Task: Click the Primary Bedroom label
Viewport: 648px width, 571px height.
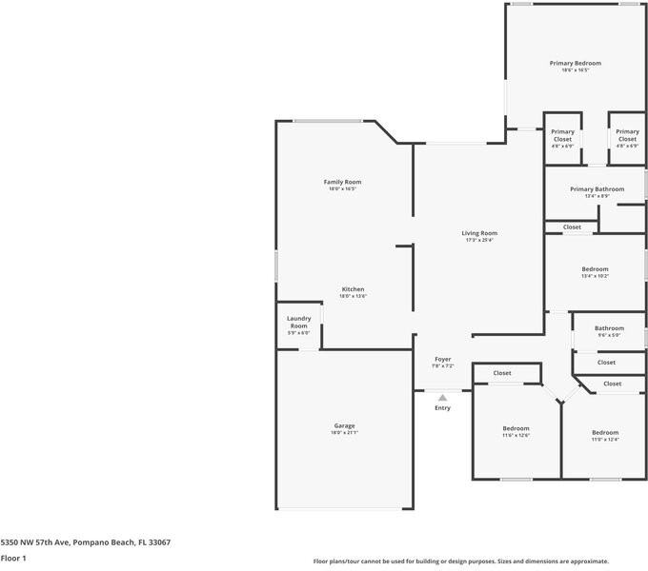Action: (575, 63)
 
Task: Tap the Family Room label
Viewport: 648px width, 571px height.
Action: (342, 182)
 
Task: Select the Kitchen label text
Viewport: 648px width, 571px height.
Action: (353, 289)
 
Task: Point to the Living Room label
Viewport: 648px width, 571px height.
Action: (479, 233)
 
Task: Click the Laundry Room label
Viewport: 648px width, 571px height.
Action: (298, 323)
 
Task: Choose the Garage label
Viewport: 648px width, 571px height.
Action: (344, 425)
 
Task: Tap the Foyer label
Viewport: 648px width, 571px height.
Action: (443, 359)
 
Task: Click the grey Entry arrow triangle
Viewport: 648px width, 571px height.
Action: (442, 398)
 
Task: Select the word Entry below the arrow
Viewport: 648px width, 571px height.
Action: (442, 408)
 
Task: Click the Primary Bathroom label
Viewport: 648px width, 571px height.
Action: (597, 189)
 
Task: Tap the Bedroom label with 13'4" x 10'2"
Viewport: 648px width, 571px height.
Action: (596, 269)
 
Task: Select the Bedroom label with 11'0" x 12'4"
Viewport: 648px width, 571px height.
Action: (604, 432)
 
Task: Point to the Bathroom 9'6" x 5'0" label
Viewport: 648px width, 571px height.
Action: (609, 328)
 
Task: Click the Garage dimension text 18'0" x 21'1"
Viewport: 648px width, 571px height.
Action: (344, 433)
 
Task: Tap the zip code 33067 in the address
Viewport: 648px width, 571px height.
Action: (159, 541)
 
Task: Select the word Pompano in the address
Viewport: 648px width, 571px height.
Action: (88, 541)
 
